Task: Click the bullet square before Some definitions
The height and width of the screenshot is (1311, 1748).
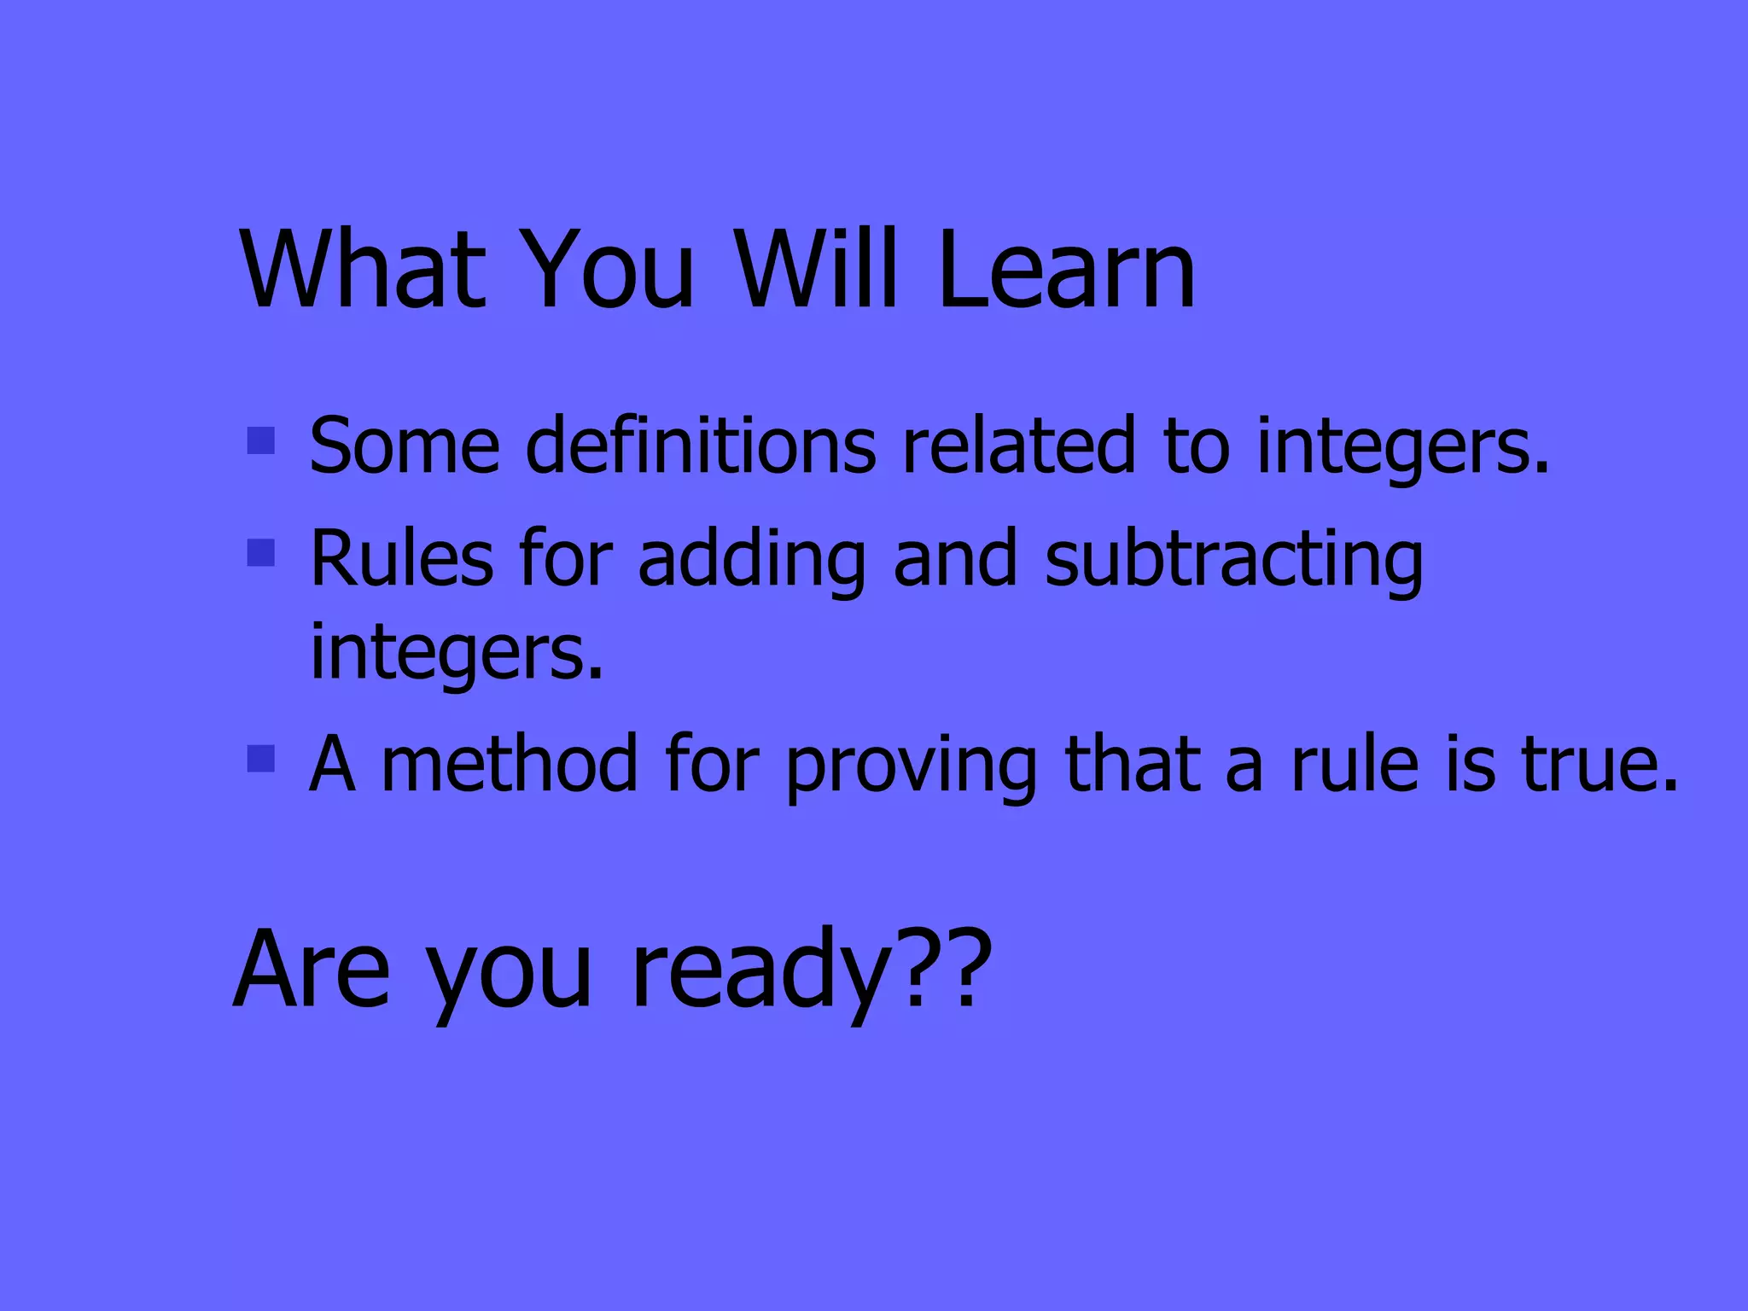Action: click(260, 440)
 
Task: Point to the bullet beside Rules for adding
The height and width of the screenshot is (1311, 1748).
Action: click(260, 553)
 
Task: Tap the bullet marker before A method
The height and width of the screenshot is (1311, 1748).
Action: click(260, 758)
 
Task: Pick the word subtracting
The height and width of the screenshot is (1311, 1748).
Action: click(1233, 559)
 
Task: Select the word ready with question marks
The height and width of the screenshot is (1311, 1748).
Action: click(811, 969)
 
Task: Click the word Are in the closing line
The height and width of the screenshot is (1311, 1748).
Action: click(312, 969)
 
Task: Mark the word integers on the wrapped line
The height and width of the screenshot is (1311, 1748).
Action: click(456, 653)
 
